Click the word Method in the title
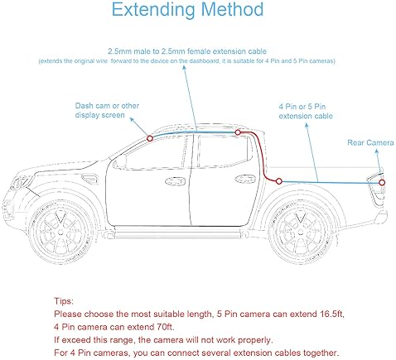pos(232,10)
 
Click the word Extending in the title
pos(154,11)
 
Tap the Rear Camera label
pos(370,142)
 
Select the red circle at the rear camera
pos(382,182)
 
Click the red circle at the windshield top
pos(150,138)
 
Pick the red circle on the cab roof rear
pos(238,132)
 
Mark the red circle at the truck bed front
pos(279,181)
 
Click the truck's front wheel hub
pos(60,233)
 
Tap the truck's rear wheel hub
pos(301,233)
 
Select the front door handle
pos(175,181)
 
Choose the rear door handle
pos(245,179)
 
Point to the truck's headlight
pos(19,183)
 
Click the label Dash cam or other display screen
pos(107,110)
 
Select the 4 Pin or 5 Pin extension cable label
pos(306,111)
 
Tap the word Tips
pos(64,301)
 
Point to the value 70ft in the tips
pos(166,327)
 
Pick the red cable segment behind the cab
pos(261,156)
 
